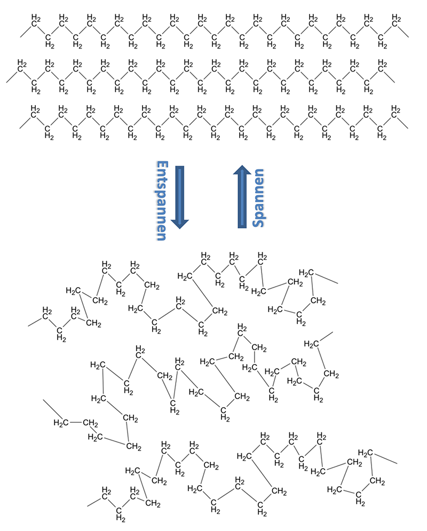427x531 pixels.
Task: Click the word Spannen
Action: point(258,198)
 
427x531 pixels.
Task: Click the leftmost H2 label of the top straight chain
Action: point(36,22)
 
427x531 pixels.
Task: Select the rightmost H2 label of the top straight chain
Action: point(396,22)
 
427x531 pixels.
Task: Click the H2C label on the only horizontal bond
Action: point(61,424)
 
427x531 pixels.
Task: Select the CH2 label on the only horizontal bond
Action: point(91,424)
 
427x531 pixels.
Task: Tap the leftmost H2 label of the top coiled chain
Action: point(46,312)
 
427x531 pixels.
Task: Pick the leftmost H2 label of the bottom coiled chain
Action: point(106,491)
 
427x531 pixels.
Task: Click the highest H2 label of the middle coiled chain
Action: point(242,327)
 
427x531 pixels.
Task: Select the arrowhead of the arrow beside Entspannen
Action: point(181,222)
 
